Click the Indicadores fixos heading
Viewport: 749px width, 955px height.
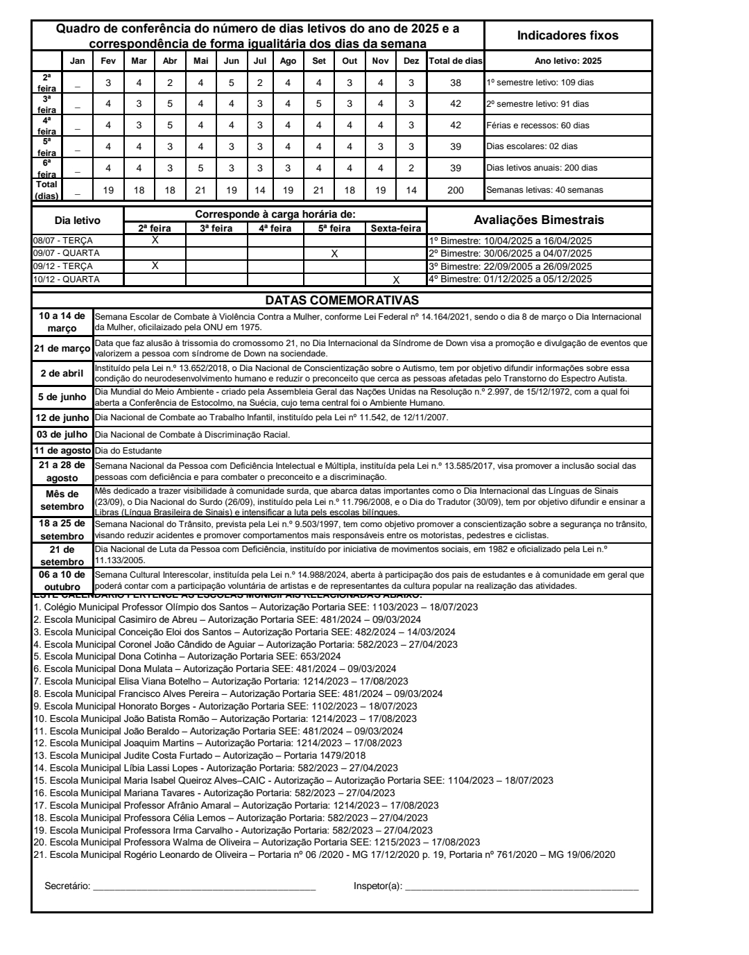pyautogui.click(x=568, y=35)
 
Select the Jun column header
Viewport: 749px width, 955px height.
pyautogui.click(x=232, y=61)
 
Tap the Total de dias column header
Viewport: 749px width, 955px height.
pyautogui.click(x=455, y=61)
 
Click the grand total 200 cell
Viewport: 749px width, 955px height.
pyautogui.click(x=455, y=190)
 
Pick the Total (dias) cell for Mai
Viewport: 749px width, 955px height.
pyautogui.click(x=201, y=190)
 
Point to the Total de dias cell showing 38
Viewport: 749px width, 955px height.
pyautogui.click(x=455, y=83)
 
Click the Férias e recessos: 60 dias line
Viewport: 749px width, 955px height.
pyautogui.click(x=538, y=126)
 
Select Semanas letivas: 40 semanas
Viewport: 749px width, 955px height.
pyautogui.click(x=544, y=190)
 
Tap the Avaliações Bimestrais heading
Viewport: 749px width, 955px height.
pyautogui.click(x=539, y=220)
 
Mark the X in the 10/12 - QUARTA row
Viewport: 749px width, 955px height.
pyautogui.click(x=396, y=279)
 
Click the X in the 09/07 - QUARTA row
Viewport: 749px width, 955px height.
pyautogui.click(x=334, y=254)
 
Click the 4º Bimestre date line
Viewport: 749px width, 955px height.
pyautogui.click(x=510, y=279)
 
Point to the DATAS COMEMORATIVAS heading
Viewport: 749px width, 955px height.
pyautogui.click(x=342, y=300)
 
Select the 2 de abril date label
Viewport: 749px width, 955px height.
pyautogui.click(x=62, y=373)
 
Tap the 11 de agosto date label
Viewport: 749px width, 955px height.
pyautogui.click(x=62, y=451)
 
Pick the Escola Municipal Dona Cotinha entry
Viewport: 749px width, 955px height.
pyautogui.click(x=187, y=656)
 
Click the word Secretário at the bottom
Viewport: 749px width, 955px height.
pyautogui.click(x=67, y=886)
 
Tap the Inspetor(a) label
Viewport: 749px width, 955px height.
pyautogui.click(x=377, y=886)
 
